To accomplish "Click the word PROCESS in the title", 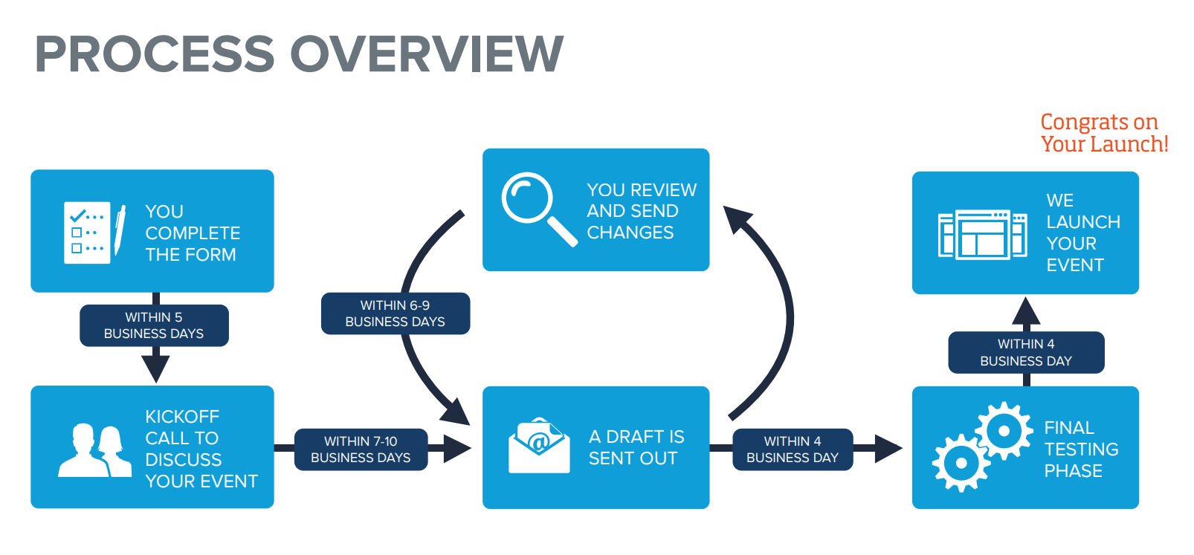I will click(x=155, y=54).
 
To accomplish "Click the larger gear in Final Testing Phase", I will click(x=1004, y=430).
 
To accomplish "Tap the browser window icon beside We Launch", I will click(x=982, y=235).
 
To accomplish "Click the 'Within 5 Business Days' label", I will click(x=154, y=325).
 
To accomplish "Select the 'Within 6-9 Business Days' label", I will click(x=395, y=314).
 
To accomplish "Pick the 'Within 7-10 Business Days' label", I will click(x=361, y=449).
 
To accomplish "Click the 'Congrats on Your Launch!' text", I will click(x=1103, y=133).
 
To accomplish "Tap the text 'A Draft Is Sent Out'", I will click(x=636, y=447).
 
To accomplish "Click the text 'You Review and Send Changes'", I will click(x=641, y=211).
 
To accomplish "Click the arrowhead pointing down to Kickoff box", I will click(x=155, y=368).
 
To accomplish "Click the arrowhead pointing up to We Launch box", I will click(x=1026, y=312).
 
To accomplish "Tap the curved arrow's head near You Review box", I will click(x=737, y=218).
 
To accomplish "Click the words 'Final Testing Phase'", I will click(x=1080, y=449).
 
